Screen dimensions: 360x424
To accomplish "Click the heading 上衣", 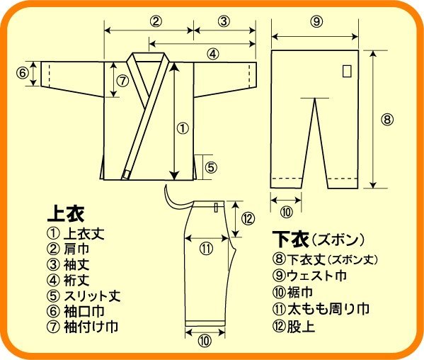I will [65, 212].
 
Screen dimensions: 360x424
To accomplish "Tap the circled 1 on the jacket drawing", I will [182, 129].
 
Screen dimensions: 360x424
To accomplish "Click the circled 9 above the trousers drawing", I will [316, 21].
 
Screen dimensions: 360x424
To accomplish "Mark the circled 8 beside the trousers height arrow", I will [386, 119].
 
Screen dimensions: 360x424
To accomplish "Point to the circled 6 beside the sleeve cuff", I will [22, 73].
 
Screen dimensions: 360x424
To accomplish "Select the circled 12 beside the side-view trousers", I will [247, 218].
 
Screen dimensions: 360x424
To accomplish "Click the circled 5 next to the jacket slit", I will [211, 167].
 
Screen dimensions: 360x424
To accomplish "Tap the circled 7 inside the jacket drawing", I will [122, 80].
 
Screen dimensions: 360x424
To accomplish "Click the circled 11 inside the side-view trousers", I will [205, 249].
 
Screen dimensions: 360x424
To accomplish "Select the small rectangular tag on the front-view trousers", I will [346, 72].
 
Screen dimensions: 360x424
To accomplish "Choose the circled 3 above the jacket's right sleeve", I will [224, 21].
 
